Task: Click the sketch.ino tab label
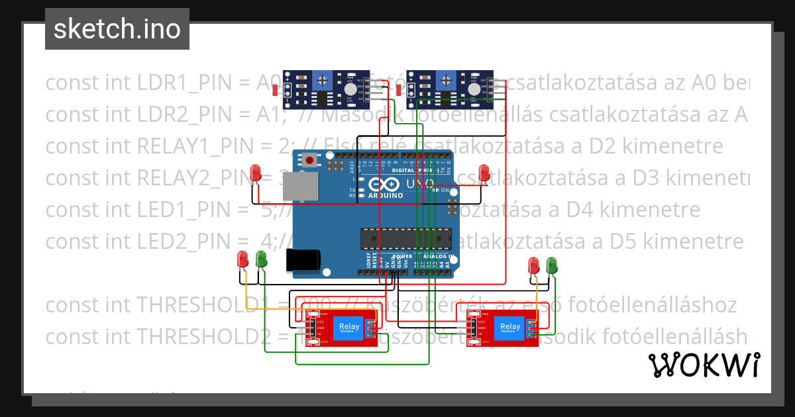tap(117, 29)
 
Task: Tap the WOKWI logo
tap(704, 365)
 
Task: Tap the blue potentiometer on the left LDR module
tap(323, 81)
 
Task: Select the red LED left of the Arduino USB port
tap(256, 173)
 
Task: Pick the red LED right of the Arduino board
tap(484, 172)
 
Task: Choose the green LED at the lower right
tap(552, 266)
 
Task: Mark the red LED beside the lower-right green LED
tap(534, 266)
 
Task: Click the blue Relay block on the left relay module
tap(349, 326)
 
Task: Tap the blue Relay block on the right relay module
tap(509, 326)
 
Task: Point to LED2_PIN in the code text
tap(191, 241)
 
